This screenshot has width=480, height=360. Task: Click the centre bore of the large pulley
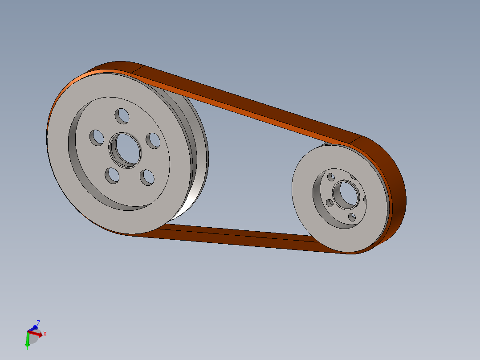(x=125, y=151)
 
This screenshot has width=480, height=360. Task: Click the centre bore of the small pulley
(x=346, y=195)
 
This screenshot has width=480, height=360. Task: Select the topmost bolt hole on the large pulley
(x=122, y=116)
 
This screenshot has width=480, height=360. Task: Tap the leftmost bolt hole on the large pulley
(x=97, y=137)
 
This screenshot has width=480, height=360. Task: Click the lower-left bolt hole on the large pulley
(x=112, y=176)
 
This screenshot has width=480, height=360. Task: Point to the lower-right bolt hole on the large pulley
(x=147, y=177)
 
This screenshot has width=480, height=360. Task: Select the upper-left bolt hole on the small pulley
(x=331, y=177)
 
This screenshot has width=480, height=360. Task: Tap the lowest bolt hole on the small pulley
(x=352, y=217)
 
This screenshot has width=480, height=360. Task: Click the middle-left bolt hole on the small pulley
(x=330, y=203)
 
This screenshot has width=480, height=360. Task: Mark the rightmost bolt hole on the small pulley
(x=365, y=200)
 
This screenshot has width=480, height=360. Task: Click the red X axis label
(x=45, y=334)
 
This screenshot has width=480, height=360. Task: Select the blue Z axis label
(x=38, y=323)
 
